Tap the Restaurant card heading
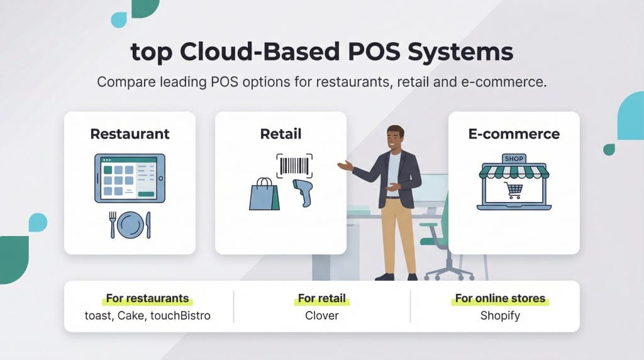point(130,134)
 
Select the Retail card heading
point(280,134)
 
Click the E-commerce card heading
point(514,134)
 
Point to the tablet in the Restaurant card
point(130,178)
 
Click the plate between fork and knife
point(130,225)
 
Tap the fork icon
point(113,225)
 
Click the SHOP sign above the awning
point(514,159)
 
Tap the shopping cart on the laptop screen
point(513,189)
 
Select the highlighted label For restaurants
point(147,298)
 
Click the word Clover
point(322,315)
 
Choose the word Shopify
point(500,315)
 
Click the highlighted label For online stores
point(500,298)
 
